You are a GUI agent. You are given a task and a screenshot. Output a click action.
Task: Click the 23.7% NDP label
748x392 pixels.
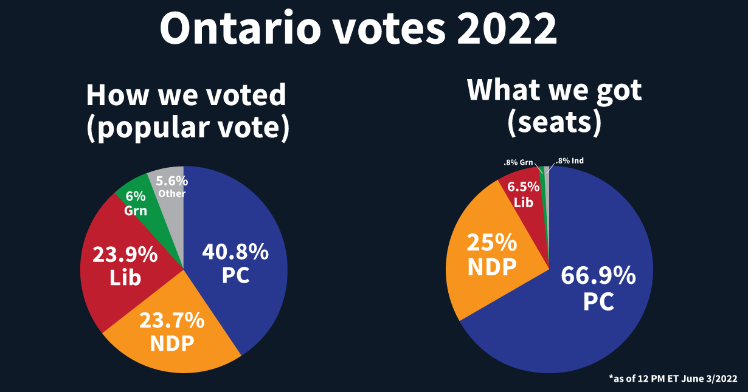pos(172,331)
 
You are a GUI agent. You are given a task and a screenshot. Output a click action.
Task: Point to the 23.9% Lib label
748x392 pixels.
pos(125,266)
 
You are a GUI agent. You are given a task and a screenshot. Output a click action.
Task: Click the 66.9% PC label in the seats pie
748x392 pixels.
pos(598,289)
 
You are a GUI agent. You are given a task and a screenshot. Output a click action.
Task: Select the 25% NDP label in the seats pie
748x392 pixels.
pos(491,254)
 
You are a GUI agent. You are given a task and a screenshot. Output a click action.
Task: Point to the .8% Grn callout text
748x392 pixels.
pos(518,163)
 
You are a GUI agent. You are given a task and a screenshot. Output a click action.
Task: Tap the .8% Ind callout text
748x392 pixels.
pos(569,161)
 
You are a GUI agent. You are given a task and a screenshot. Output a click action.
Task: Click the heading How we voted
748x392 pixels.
pos(185,95)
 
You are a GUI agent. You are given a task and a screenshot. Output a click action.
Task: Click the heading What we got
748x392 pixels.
pos(554,91)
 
